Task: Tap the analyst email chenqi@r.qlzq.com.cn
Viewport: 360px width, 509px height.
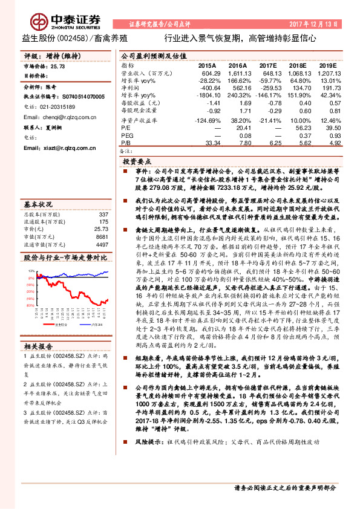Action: pyautogui.click(x=55, y=117)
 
